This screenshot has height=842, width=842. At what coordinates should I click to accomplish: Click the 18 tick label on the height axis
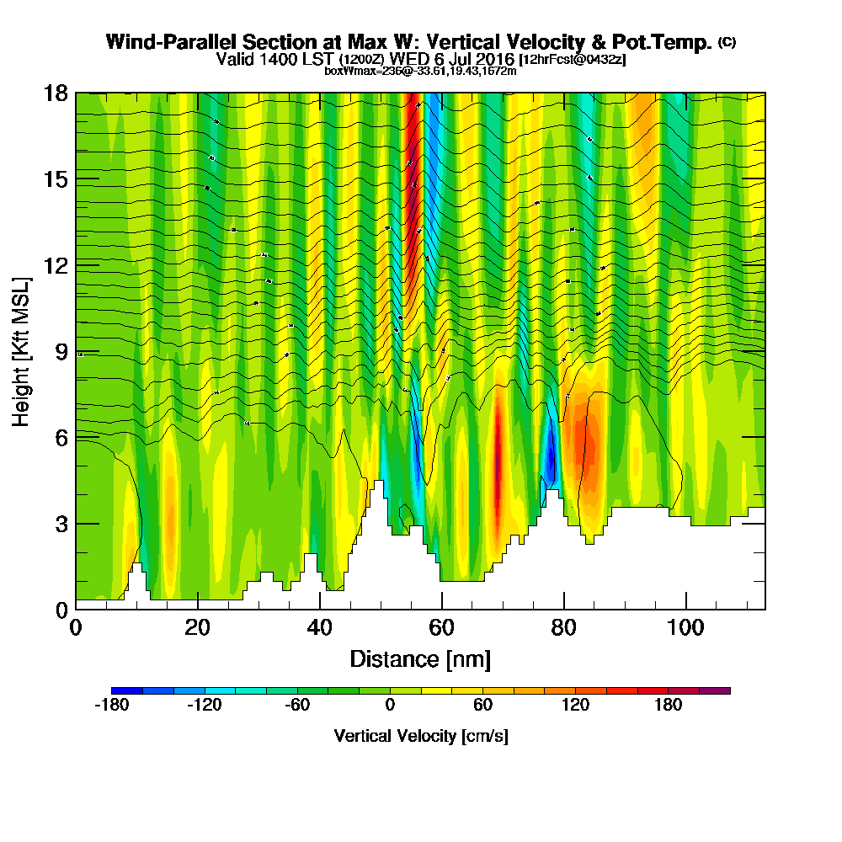(x=56, y=93)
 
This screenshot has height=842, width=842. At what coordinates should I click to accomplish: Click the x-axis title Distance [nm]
(x=420, y=658)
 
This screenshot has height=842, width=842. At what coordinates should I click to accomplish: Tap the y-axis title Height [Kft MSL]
(x=21, y=351)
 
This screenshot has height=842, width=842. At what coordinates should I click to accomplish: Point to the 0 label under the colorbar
(x=390, y=706)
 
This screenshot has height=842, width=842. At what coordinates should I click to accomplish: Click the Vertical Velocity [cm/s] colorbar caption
(x=420, y=736)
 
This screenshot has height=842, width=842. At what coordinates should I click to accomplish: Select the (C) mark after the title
(x=727, y=42)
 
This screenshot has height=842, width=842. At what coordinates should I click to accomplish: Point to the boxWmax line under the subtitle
(x=420, y=71)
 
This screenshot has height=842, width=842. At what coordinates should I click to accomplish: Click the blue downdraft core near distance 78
(x=550, y=455)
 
